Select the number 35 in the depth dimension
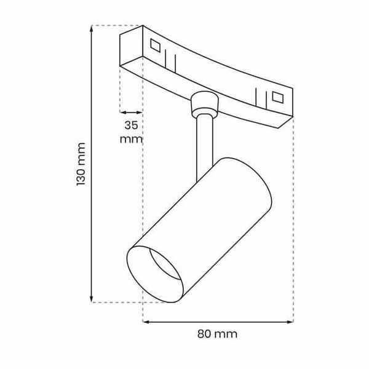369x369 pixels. [x=131, y=125]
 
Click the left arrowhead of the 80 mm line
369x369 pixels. [x=146, y=321]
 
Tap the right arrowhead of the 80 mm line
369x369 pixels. [x=290, y=321]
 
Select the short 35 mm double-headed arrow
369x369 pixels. [x=131, y=113]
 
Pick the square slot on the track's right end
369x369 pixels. [x=277, y=97]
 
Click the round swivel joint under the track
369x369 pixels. [x=204, y=103]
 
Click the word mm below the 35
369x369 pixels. [x=131, y=139]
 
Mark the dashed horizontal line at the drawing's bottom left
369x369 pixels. [x=117, y=302]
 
